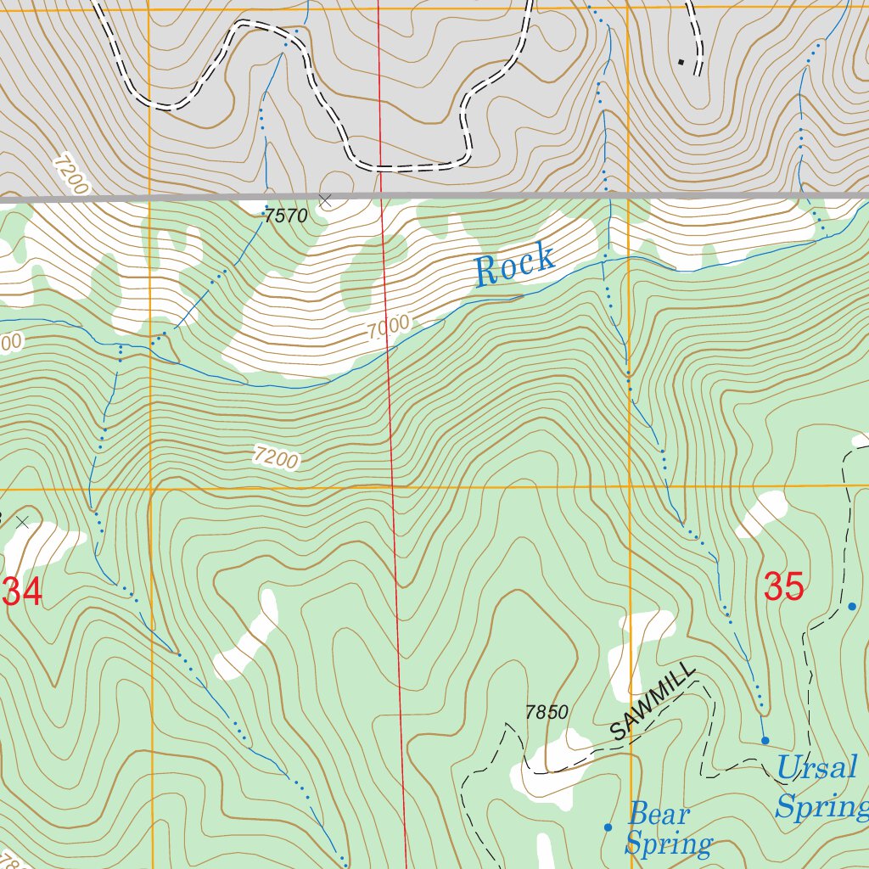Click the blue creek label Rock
pyautogui.click(x=514, y=266)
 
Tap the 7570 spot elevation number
pyautogui.click(x=284, y=216)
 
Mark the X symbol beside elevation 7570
pyautogui.click(x=325, y=200)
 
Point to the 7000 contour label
pyautogui.click(x=390, y=328)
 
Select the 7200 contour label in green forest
pyautogui.click(x=276, y=457)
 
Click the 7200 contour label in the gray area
pyautogui.click(x=70, y=174)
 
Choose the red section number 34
pyautogui.click(x=22, y=592)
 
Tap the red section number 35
pyautogui.click(x=783, y=586)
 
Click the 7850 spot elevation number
pyautogui.click(x=546, y=713)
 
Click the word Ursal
pyautogui.click(x=816, y=769)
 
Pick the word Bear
pyautogui.click(x=659, y=816)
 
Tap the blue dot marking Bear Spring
pyautogui.click(x=608, y=827)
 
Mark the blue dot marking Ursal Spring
pyautogui.click(x=765, y=740)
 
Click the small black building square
pyautogui.click(x=681, y=61)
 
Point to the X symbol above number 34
pyautogui.click(x=23, y=522)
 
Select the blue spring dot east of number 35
pyautogui.click(x=853, y=606)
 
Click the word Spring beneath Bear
pyautogui.click(x=668, y=844)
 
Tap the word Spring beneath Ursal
pyautogui.click(x=820, y=806)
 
